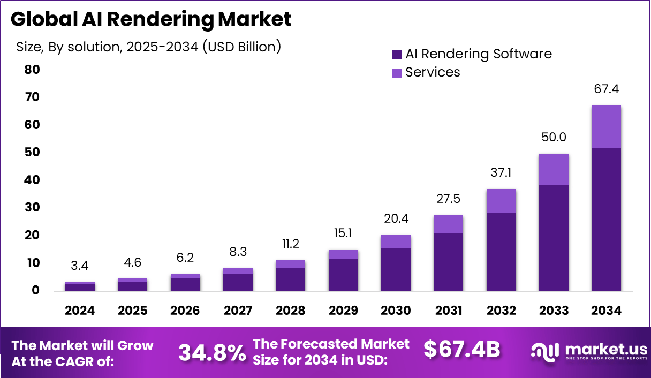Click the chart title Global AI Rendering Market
151,20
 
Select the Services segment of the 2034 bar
607,127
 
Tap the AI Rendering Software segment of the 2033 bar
554,238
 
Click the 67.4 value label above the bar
606,89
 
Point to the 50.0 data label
554,137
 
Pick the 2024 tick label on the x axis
80,311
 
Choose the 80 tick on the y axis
32,70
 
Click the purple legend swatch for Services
397,72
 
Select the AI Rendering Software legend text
478,54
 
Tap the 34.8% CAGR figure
212,352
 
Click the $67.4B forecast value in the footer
462,349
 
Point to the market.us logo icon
545,351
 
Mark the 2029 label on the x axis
344,311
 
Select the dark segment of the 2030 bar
396,269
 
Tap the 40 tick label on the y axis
32,180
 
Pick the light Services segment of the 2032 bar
502,201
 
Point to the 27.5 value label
449,199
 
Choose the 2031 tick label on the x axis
449,311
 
